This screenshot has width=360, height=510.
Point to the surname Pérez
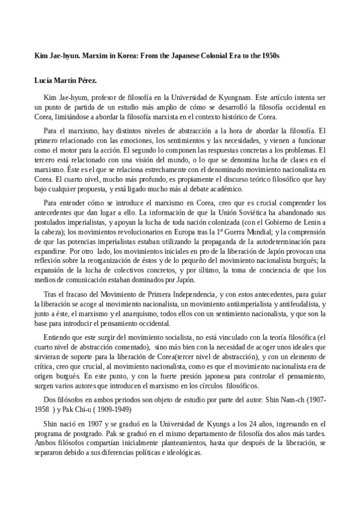click(x=88, y=80)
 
